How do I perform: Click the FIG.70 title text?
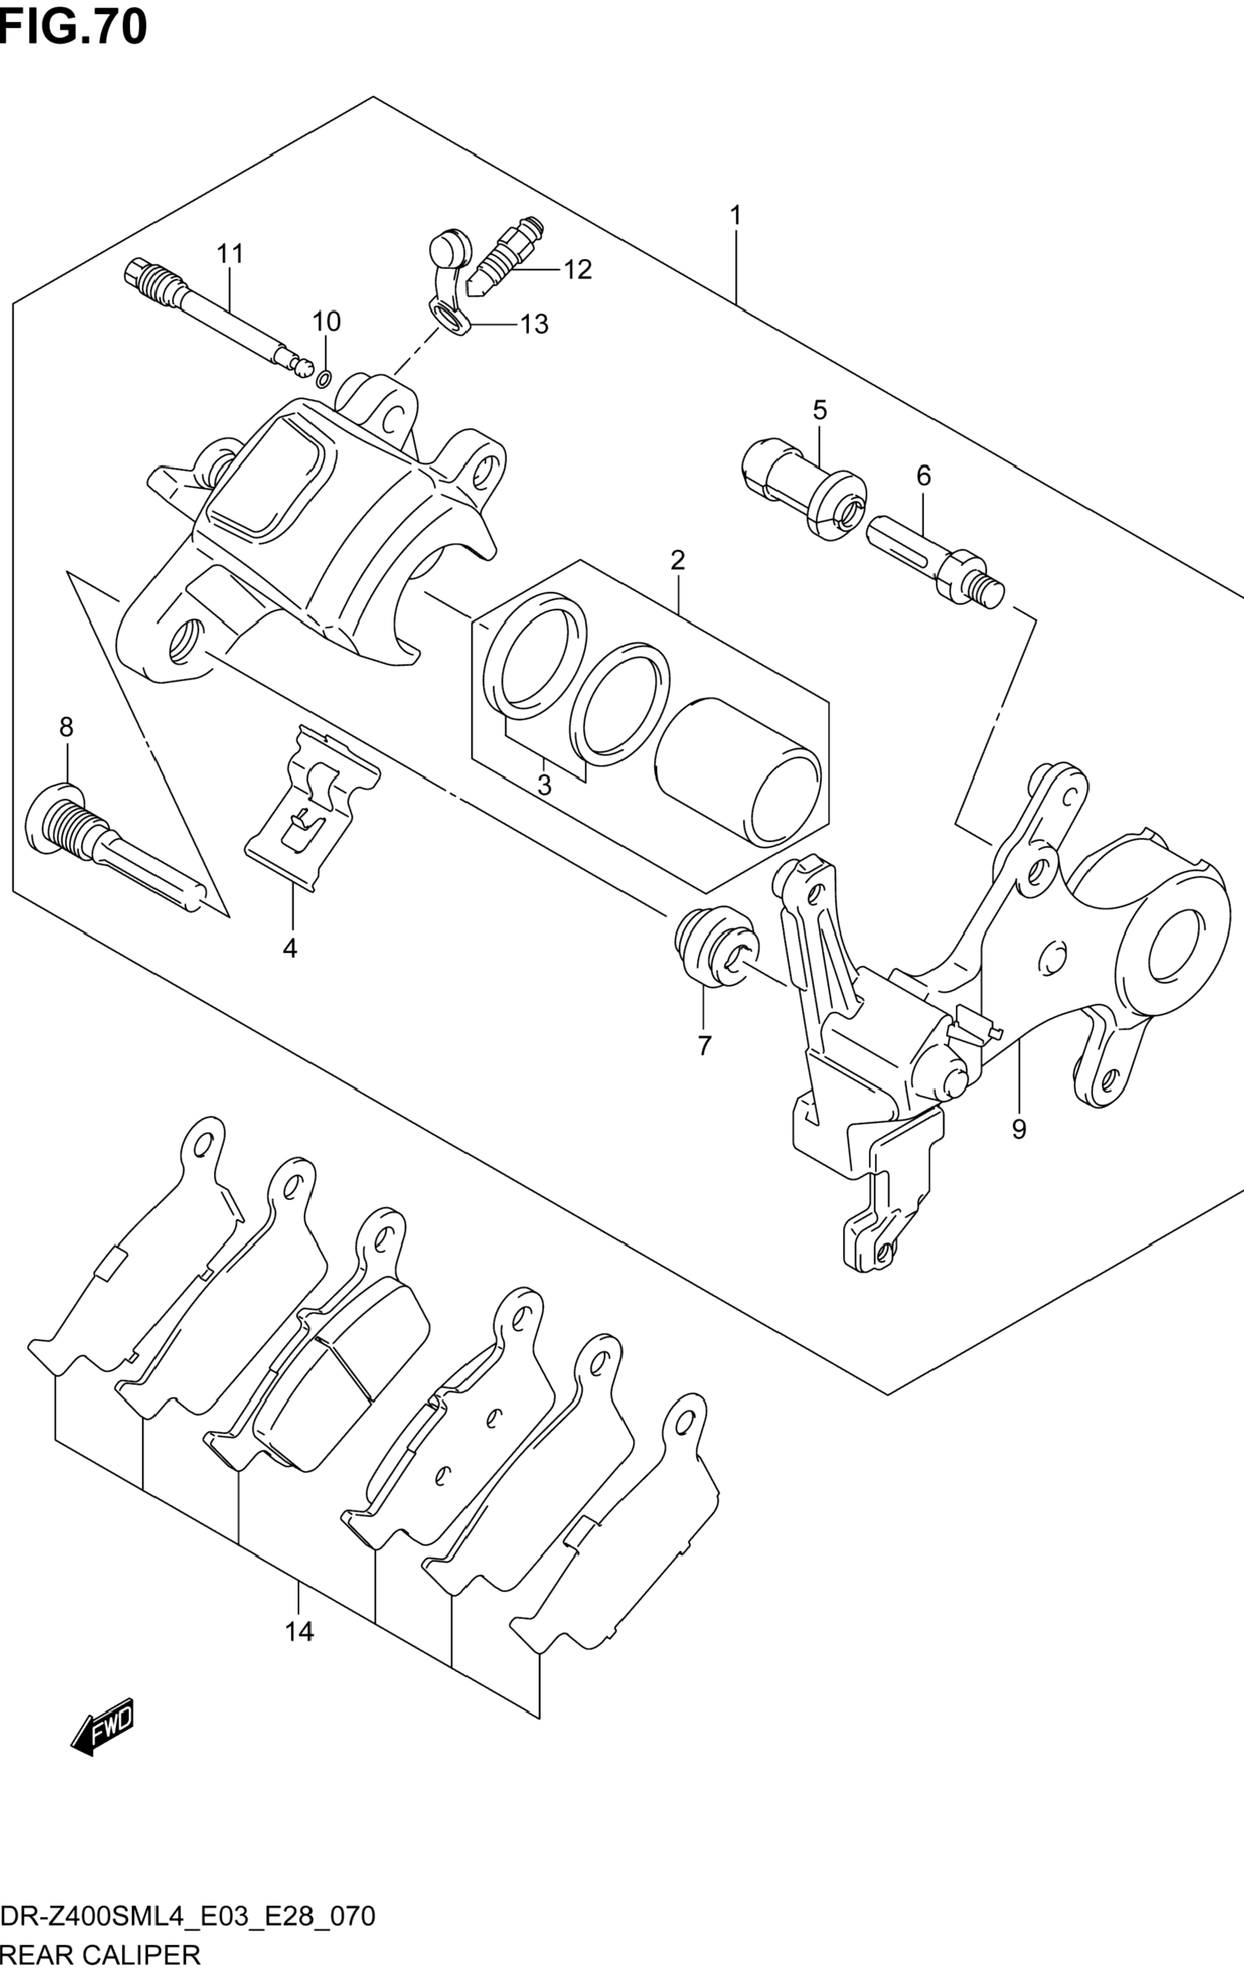[x=74, y=29]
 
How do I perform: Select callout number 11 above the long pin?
[x=230, y=254]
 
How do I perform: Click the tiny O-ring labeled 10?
[x=324, y=378]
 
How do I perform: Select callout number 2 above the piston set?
[x=677, y=561]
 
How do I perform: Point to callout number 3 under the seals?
[x=544, y=785]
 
